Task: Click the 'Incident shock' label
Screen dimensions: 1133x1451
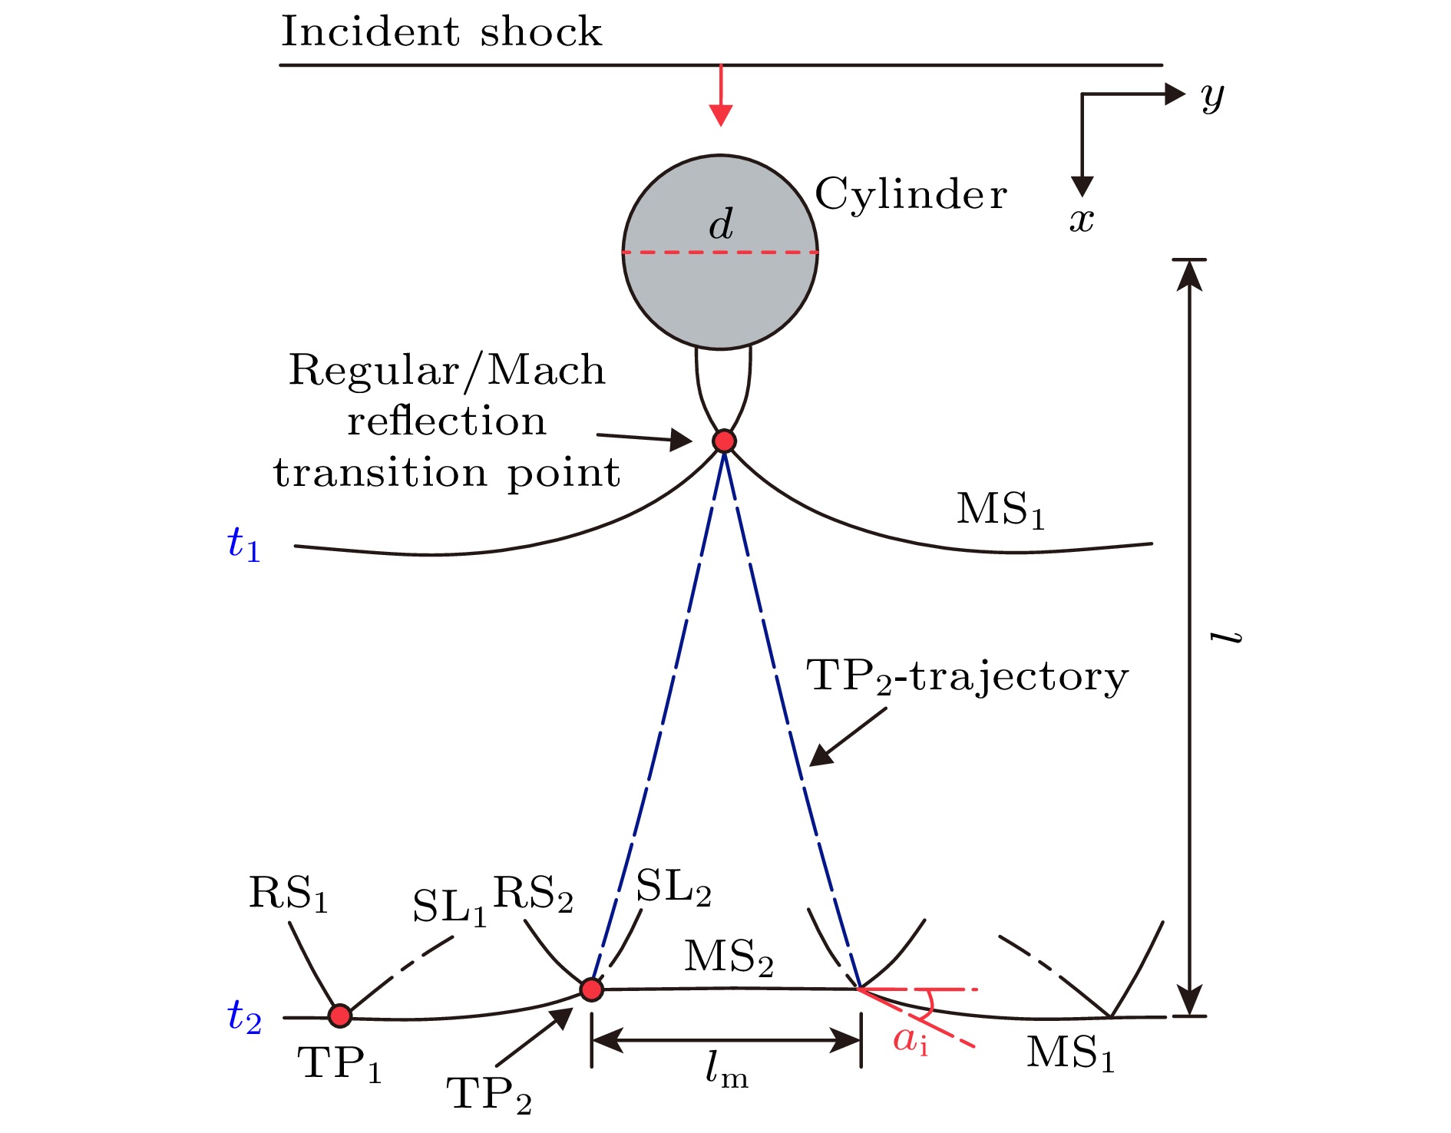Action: [441, 32]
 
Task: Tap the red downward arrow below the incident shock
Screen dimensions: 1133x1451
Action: [721, 95]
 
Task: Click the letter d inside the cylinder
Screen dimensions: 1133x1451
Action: [721, 224]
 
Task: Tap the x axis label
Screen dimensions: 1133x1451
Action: [1082, 220]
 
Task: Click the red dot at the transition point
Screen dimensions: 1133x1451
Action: [724, 441]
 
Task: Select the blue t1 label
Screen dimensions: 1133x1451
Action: [244, 544]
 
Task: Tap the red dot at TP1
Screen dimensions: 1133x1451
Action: [340, 1016]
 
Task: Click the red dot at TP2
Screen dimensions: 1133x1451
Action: [591, 989]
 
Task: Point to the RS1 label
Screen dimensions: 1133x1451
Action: [289, 894]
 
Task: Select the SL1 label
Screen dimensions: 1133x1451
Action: [450, 907]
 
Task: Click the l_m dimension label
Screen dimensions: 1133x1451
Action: [726, 1069]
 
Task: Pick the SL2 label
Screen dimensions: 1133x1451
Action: [673, 888]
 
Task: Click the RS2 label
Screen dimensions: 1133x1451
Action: [533, 894]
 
